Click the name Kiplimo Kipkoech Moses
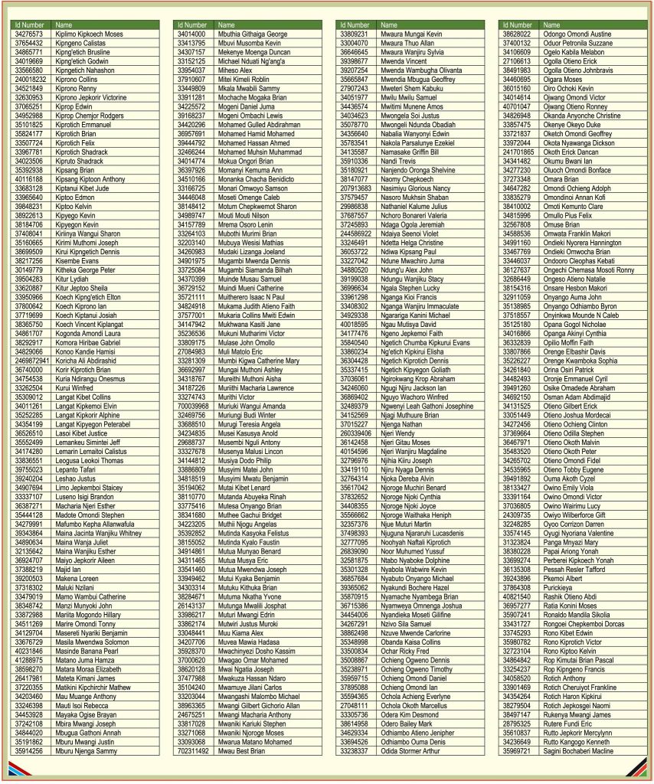89,34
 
